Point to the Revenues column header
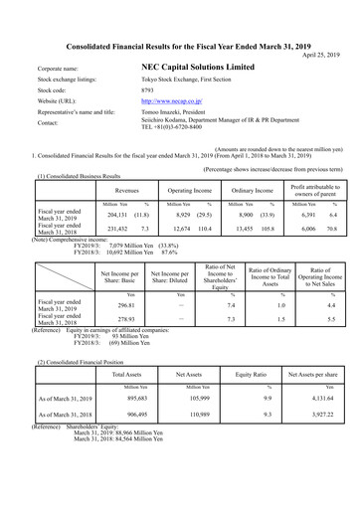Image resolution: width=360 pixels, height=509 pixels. [126, 187]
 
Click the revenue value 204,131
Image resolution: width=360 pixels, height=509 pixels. [118, 214]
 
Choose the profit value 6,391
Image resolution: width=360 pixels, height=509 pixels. [305, 214]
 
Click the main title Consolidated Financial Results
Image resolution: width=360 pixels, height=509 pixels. [179, 45]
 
